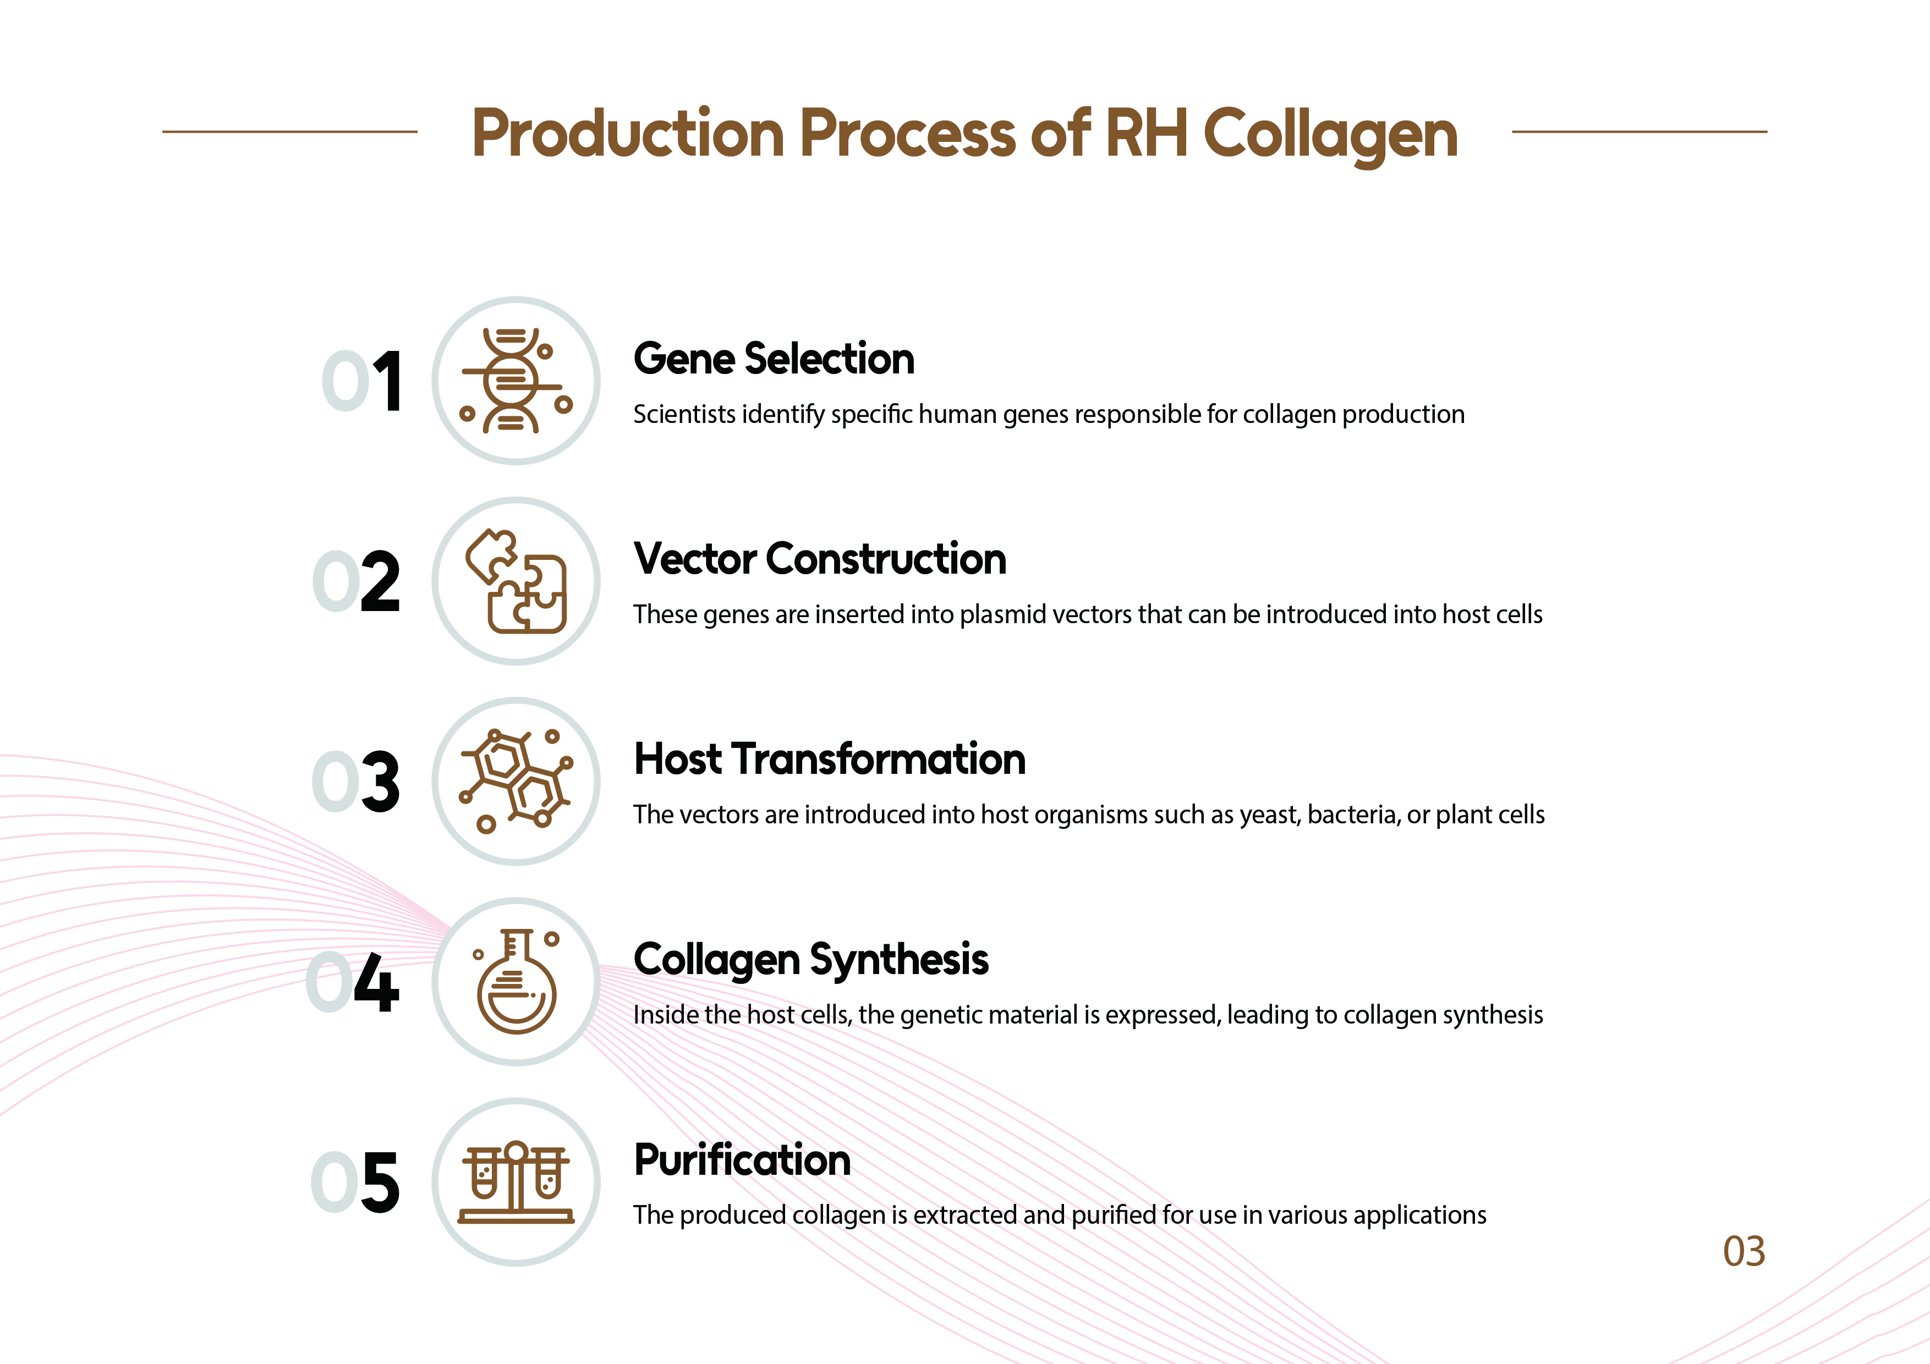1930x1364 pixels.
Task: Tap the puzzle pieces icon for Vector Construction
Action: click(516, 581)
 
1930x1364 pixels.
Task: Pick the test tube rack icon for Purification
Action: click(516, 1182)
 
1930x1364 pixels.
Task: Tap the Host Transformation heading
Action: click(830, 759)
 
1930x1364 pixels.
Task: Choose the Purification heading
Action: click(742, 1160)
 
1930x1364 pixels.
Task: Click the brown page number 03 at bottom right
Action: click(1743, 1251)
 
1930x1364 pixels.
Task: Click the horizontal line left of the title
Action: click(290, 131)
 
